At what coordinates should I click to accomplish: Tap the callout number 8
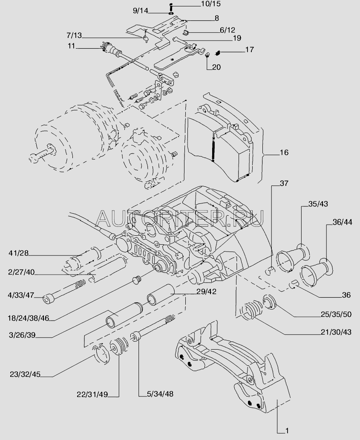click(216, 18)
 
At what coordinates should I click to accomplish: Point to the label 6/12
click(228, 30)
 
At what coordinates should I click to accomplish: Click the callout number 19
click(225, 38)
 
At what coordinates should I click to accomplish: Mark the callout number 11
click(71, 46)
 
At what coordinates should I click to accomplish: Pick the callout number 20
click(216, 67)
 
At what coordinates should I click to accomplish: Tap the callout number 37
click(284, 184)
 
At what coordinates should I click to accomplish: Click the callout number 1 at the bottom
click(287, 430)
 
